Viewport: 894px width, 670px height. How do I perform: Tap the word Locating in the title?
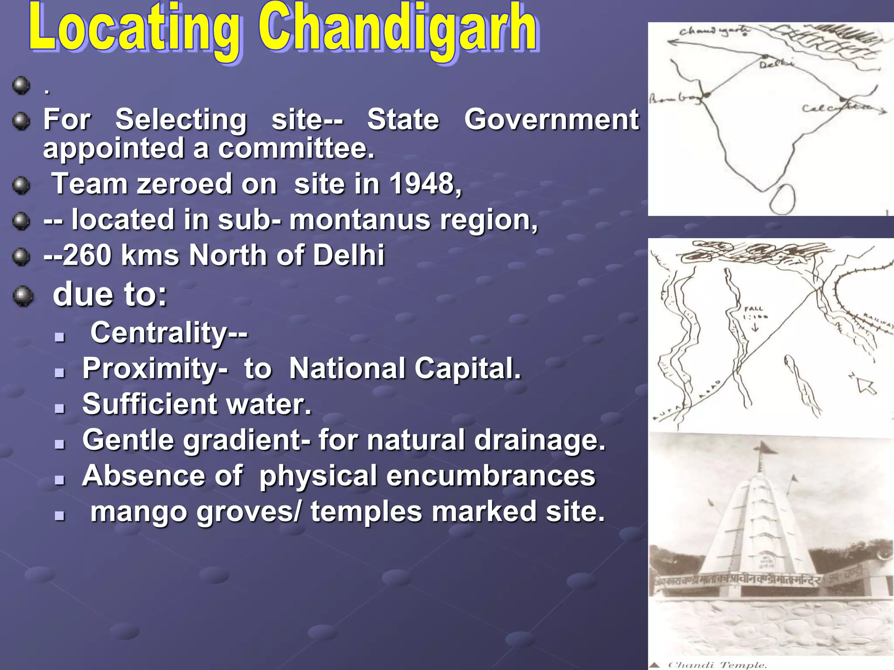tap(134, 28)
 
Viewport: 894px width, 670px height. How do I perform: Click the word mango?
tap(139, 511)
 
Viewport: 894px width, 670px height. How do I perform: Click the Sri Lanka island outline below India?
tap(782, 200)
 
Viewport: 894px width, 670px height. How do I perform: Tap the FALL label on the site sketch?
tap(754, 308)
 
